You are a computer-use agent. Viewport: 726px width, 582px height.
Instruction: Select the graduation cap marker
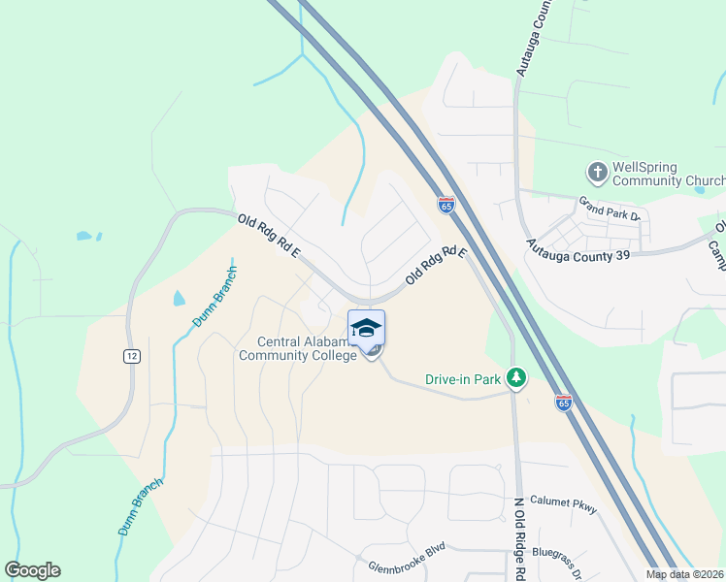367,328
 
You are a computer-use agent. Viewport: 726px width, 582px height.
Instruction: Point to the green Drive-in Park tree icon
518,377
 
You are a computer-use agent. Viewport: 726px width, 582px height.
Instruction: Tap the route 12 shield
130,356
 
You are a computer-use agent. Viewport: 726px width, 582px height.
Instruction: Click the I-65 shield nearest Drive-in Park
564,403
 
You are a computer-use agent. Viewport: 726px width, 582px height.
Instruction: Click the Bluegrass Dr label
559,565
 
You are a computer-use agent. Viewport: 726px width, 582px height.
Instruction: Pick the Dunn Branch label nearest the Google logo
141,506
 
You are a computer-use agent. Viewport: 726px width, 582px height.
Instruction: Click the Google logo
32,570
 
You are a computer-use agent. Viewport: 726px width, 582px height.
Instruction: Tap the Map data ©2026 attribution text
684,574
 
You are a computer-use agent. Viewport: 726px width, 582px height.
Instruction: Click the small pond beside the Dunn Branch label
179,298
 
